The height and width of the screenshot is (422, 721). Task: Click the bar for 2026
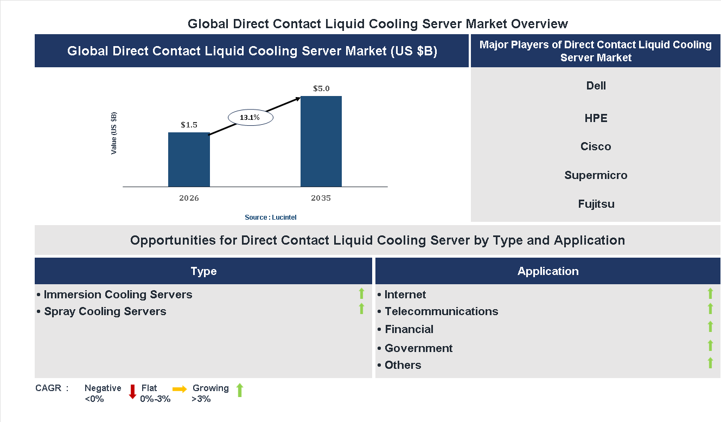(x=189, y=160)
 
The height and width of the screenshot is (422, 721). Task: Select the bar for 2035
(x=321, y=142)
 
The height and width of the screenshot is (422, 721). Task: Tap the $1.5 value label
(x=189, y=125)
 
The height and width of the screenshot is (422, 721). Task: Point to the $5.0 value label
(x=321, y=88)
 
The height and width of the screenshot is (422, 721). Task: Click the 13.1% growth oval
(x=250, y=117)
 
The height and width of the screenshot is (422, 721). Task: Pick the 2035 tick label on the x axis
(x=321, y=198)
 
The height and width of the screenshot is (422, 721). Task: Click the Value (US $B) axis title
(x=114, y=133)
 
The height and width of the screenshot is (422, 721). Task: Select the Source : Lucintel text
(x=270, y=218)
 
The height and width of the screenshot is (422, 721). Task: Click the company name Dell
(x=596, y=86)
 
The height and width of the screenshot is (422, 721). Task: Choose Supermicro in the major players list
(x=596, y=175)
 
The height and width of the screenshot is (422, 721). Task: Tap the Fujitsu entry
(x=596, y=204)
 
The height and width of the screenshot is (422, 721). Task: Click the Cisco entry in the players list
(x=596, y=146)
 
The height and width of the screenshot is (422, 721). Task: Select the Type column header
(x=203, y=271)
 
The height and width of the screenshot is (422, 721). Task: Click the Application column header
(x=548, y=271)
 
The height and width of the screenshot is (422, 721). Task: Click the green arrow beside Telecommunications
(x=710, y=309)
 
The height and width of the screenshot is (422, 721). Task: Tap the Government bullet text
(x=418, y=348)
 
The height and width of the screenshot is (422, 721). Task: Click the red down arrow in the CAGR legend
(x=132, y=392)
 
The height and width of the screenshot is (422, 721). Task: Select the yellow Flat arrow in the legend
(x=180, y=389)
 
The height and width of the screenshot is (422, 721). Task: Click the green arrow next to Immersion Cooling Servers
(x=361, y=293)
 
